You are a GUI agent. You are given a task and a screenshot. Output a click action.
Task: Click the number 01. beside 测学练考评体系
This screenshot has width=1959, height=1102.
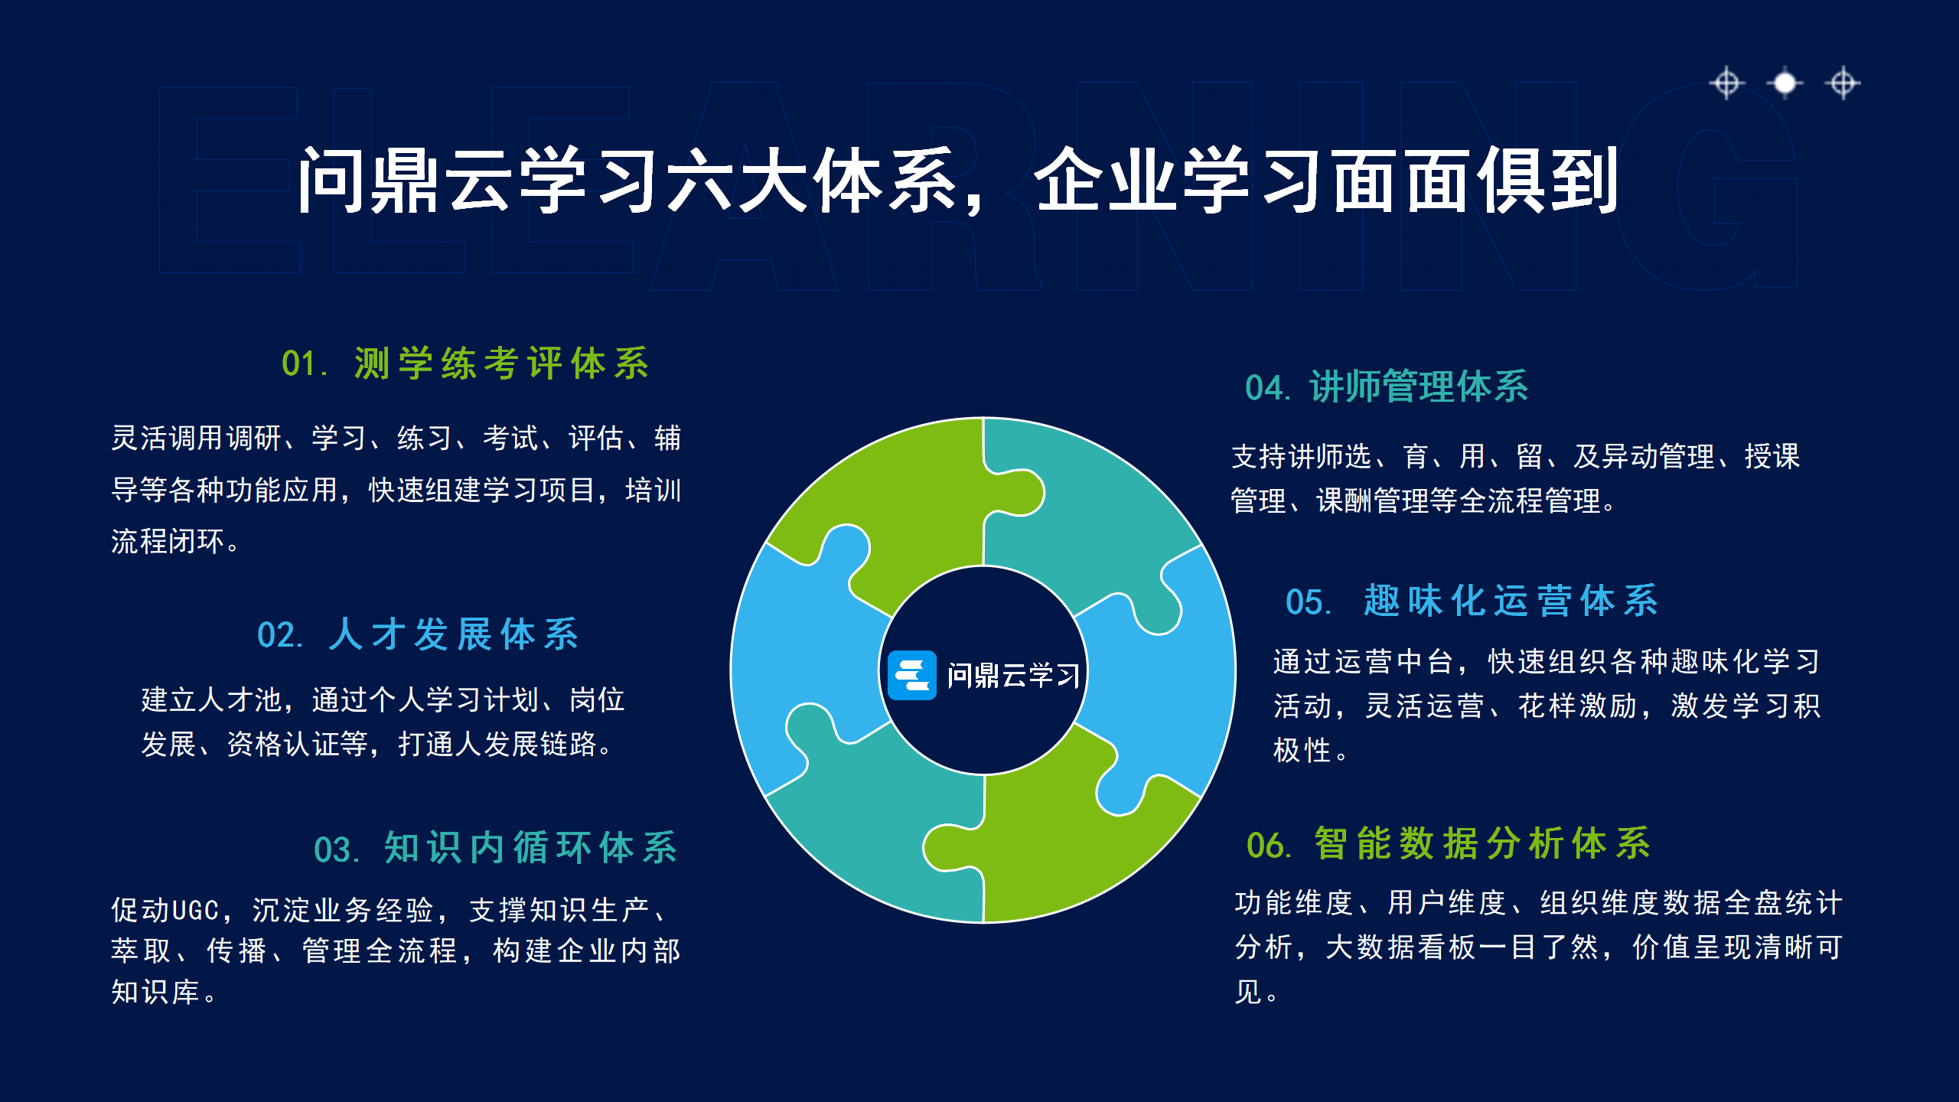click(305, 364)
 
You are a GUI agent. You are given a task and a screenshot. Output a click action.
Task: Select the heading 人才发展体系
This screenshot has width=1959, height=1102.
click(454, 634)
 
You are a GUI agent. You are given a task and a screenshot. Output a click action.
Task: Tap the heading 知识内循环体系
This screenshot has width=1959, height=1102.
click(530, 848)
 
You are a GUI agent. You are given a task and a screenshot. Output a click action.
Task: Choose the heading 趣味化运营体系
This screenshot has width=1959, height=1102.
click(1511, 601)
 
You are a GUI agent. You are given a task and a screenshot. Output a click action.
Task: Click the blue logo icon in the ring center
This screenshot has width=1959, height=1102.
click(911, 675)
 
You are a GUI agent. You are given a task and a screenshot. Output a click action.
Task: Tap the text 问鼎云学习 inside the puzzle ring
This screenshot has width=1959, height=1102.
click(1013, 676)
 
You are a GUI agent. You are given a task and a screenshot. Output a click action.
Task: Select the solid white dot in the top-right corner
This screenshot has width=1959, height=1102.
click(1785, 83)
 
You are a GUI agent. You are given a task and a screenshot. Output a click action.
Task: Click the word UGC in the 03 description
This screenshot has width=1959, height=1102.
click(196, 911)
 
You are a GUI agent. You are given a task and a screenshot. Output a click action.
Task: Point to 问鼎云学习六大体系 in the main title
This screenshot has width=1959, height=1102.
click(627, 181)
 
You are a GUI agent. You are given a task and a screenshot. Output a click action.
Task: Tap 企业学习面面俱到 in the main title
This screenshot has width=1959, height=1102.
click(1326, 181)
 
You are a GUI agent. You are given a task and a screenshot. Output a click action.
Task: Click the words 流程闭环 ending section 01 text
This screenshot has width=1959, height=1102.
click(168, 542)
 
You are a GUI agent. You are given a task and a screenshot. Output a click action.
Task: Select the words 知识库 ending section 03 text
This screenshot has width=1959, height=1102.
click(155, 993)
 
